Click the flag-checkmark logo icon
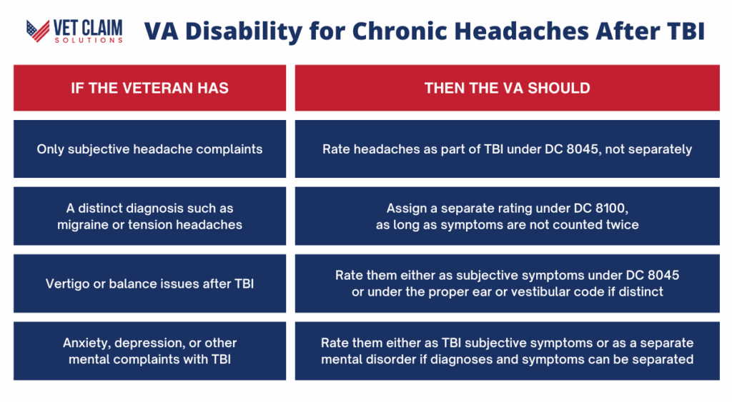point(38,31)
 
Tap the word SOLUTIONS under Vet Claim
point(89,41)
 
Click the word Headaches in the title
point(521,31)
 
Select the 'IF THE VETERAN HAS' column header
point(150,88)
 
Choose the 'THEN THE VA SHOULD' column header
point(507,88)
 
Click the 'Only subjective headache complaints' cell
point(150,149)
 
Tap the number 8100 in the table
point(612,208)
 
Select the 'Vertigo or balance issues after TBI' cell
point(150,283)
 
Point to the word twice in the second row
point(622,225)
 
